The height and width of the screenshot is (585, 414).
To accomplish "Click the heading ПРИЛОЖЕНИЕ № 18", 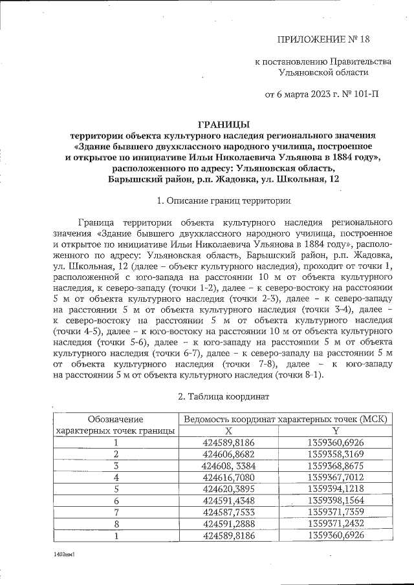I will point(323,39).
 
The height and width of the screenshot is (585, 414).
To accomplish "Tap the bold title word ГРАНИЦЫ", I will point(223,124).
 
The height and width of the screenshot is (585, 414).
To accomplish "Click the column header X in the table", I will point(228,431).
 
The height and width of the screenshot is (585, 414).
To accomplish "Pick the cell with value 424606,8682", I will point(228,454).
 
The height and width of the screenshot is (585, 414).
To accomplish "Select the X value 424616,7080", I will point(228,477).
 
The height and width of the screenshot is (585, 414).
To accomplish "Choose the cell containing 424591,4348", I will point(228,500).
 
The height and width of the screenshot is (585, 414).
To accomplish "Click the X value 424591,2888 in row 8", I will point(228,524).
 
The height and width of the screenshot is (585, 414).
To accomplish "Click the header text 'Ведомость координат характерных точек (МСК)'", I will point(285,419).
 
